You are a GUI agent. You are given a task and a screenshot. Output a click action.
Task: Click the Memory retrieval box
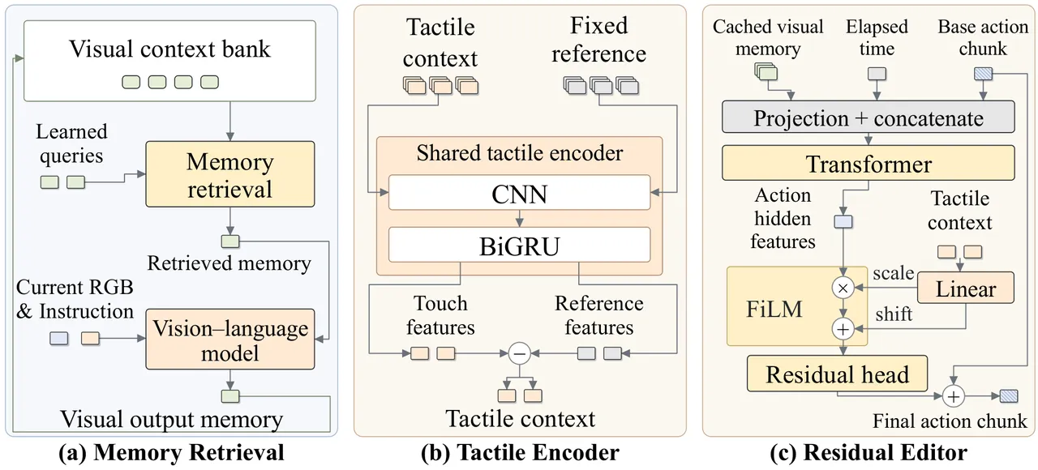coord(229,174)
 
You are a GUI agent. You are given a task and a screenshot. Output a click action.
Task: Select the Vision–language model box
coord(229,340)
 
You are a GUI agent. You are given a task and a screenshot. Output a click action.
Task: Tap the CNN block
coord(519,193)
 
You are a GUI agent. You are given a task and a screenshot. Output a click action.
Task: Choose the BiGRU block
coord(519,245)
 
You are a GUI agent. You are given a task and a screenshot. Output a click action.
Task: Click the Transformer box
coord(868,163)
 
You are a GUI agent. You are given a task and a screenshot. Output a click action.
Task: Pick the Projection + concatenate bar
coord(868,117)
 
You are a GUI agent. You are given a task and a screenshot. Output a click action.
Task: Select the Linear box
coord(966,288)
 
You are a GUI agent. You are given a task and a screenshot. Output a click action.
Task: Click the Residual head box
coord(837,374)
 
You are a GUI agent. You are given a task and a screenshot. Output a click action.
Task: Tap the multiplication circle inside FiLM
coord(843,288)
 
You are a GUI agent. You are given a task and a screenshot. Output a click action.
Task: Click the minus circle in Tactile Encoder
coord(520,354)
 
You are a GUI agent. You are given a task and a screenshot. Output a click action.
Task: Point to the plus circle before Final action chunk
coord(953,396)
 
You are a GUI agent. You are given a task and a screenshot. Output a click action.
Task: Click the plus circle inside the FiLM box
coord(843,329)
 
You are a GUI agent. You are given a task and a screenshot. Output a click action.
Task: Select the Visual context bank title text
coord(169,49)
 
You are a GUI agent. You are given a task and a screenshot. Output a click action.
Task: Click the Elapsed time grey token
coord(877,74)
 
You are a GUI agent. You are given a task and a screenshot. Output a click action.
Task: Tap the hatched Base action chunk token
coord(983,74)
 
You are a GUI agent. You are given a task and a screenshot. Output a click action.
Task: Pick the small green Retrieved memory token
coord(230,241)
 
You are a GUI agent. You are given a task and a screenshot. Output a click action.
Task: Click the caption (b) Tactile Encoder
coord(520,452)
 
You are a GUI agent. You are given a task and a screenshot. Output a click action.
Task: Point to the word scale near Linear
coord(893,273)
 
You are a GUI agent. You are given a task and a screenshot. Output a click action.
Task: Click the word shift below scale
coord(894,314)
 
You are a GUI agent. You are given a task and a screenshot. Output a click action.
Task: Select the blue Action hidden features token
coord(843,221)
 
